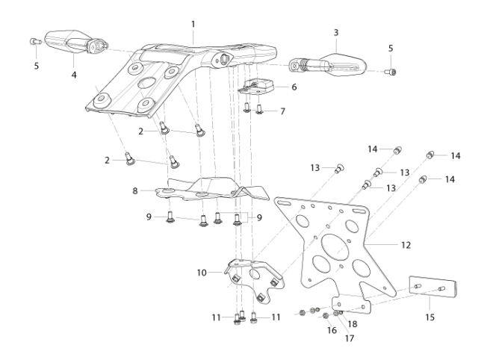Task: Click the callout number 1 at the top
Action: pos(193,25)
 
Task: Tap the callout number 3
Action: pos(336,33)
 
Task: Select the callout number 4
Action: pos(74,75)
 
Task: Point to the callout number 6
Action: pos(294,87)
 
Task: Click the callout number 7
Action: pos(282,111)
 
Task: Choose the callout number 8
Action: pos(135,191)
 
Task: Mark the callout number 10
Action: pos(202,273)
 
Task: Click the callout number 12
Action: pos(406,245)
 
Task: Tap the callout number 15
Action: pos(430,317)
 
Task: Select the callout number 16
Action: pos(332,330)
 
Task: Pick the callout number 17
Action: pos(350,338)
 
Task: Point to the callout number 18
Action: pos(353,324)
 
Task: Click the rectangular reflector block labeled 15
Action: pos(433,288)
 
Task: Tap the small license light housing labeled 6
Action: pos(257,87)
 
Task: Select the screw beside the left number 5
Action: pos(35,41)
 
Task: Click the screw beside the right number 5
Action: pos(391,72)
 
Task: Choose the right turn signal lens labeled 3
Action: pos(343,65)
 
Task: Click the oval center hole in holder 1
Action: pos(146,84)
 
